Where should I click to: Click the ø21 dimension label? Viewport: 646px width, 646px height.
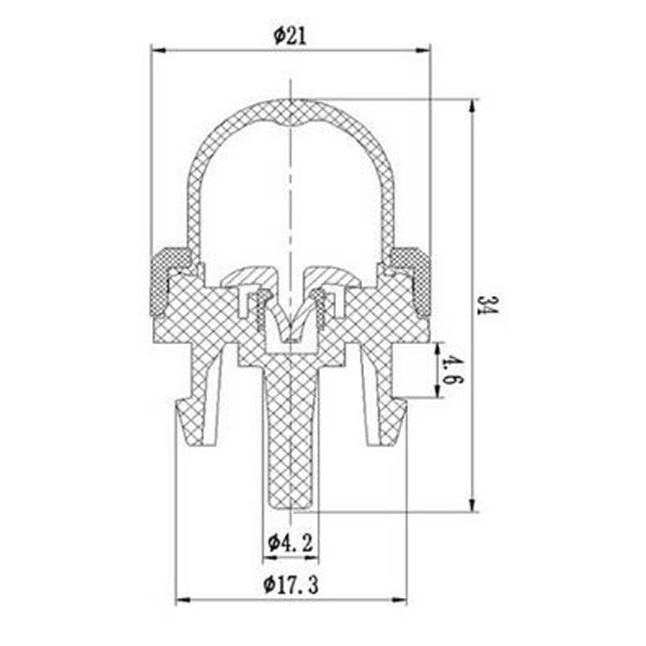click(x=290, y=35)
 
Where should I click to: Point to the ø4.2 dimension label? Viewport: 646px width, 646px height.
click(x=290, y=544)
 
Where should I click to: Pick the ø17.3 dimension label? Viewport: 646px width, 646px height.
click(x=291, y=585)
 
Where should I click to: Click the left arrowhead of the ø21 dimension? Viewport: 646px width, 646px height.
click(x=158, y=50)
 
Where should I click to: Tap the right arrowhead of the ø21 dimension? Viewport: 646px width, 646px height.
click(x=423, y=50)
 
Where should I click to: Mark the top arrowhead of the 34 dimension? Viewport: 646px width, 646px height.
click(x=473, y=107)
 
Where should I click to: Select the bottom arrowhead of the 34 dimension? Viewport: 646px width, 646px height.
click(x=473, y=505)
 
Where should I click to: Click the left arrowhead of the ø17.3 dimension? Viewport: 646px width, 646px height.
click(x=183, y=600)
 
